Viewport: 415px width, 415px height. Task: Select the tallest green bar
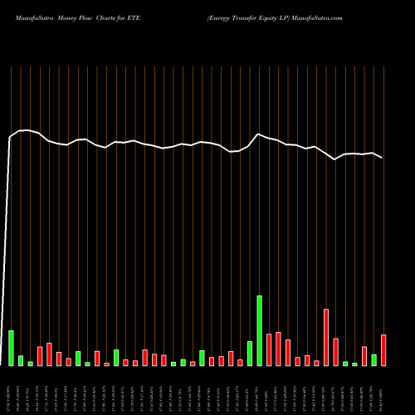[260, 330]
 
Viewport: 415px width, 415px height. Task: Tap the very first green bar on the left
[12, 348]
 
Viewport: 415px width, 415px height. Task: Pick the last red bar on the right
[383, 349]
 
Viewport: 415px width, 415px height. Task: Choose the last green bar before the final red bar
[374, 359]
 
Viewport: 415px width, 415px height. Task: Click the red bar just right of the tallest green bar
[269, 349]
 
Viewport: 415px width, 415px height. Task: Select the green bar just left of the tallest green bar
[250, 353]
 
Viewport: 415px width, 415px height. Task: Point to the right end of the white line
[382, 157]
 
